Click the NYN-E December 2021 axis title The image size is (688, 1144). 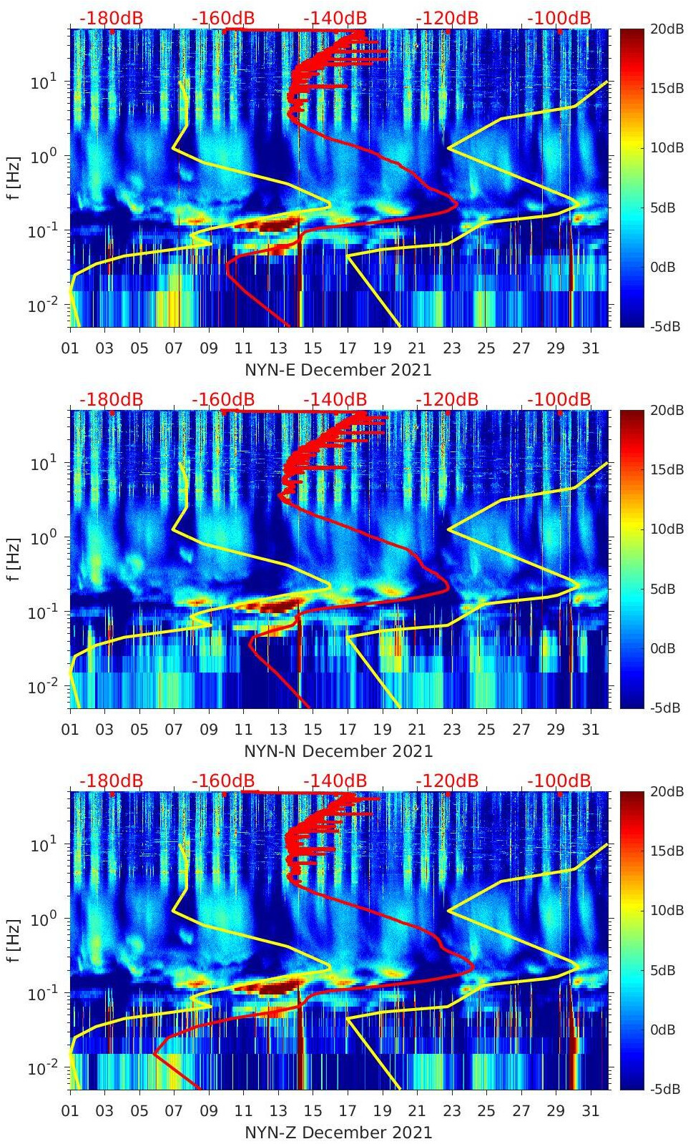(x=338, y=370)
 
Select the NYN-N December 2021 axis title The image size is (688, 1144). (x=338, y=751)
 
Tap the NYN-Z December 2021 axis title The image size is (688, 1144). (x=338, y=1133)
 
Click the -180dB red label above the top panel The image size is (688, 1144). (x=111, y=18)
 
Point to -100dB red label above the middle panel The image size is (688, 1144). (x=559, y=399)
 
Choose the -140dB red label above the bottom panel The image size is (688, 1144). (x=335, y=781)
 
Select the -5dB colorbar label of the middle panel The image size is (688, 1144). (x=664, y=708)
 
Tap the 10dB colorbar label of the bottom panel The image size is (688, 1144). (x=664, y=911)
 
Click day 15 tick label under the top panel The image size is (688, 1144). (x=313, y=348)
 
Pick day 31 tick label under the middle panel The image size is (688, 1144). (x=590, y=730)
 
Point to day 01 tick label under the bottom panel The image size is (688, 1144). (x=70, y=1111)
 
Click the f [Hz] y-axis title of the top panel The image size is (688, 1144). (x=14, y=177)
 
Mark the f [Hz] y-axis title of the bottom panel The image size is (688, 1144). (x=14, y=940)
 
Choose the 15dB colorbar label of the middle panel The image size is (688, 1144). (x=664, y=469)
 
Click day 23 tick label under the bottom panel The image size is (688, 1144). (x=451, y=1111)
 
